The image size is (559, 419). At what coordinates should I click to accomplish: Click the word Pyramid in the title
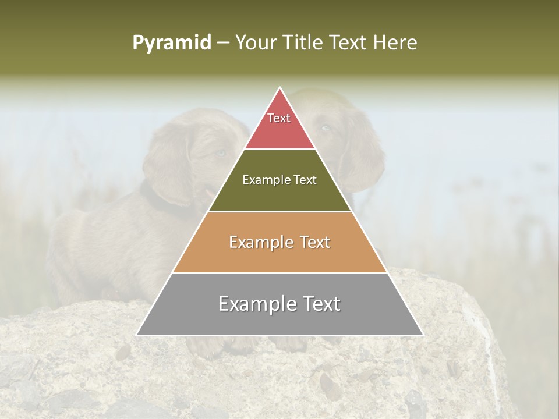[172, 43]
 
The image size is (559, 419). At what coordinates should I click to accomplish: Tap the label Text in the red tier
[279, 118]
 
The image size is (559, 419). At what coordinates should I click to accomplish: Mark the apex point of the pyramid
[279, 88]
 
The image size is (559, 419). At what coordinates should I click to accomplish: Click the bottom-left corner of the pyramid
[137, 335]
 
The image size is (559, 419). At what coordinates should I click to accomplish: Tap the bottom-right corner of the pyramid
[423, 335]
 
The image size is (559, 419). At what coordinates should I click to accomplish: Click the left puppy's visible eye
[220, 153]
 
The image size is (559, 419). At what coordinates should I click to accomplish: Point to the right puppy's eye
[325, 128]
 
